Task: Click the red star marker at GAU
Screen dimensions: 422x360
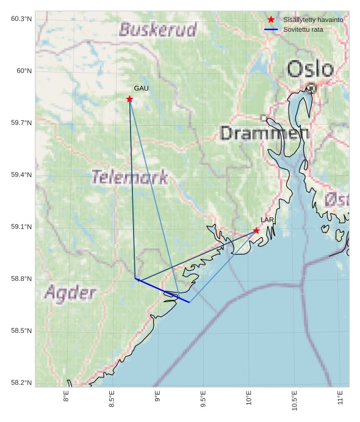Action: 129,99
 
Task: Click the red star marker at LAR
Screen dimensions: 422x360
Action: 256,230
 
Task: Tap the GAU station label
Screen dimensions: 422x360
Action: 141,89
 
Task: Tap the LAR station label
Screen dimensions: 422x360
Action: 267,220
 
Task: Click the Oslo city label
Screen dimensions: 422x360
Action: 310,69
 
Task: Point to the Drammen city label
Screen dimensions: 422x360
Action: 264,133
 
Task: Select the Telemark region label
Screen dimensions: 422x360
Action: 129,178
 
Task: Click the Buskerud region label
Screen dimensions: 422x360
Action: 158,29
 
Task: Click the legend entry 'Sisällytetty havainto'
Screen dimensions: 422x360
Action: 312,20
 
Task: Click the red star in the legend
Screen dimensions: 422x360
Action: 271,20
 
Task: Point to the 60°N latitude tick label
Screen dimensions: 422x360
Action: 24,71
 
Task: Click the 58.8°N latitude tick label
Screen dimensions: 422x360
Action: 21,279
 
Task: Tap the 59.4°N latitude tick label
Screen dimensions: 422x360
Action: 21,175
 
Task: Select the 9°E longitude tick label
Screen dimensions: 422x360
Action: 157,397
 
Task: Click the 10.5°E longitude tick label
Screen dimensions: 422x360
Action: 295,400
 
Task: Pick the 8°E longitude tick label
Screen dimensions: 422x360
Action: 66,397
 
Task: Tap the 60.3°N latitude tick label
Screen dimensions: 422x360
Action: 21,19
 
